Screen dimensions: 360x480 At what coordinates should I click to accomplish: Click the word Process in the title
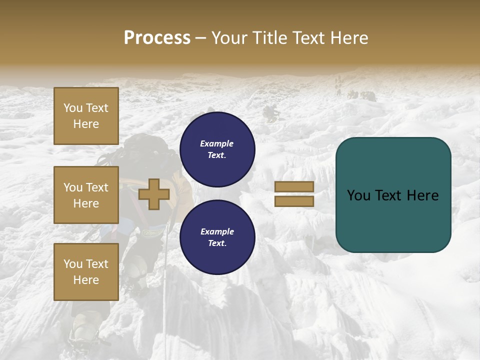point(157,38)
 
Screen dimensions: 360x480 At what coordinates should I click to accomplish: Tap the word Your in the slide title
point(231,38)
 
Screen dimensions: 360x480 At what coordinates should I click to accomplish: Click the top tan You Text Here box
point(86,116)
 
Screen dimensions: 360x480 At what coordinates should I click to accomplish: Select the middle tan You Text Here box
point(86,195)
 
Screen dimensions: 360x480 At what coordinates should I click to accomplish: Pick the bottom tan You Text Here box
point(86,272)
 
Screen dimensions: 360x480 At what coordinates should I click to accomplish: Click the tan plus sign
point(154,194)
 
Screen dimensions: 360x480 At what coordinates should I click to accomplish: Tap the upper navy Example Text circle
point(217,149)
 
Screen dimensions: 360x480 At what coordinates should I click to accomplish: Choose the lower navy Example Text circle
point(217,237)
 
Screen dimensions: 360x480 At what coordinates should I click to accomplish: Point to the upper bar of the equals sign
point(294,186)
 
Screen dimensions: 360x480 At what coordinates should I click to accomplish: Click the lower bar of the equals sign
point(294,201)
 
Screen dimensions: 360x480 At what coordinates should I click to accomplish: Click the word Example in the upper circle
point(217,143)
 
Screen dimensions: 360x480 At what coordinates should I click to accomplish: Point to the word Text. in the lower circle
point(217,243)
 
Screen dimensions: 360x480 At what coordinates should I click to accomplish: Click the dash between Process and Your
point(201,38)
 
